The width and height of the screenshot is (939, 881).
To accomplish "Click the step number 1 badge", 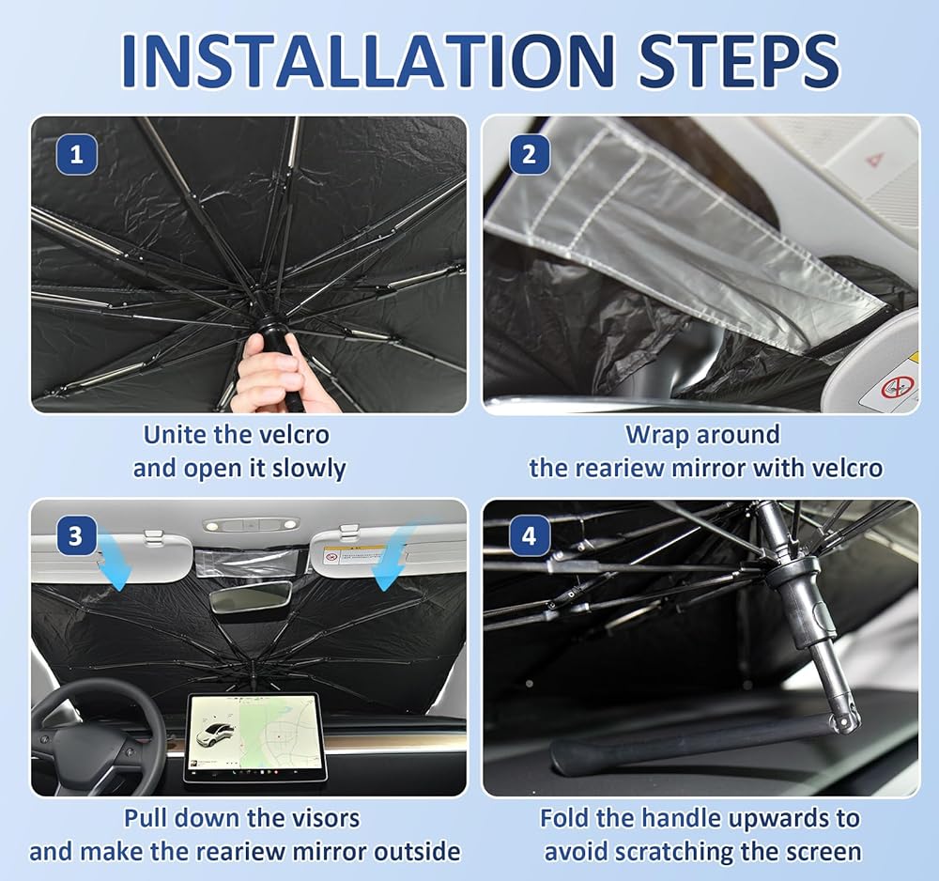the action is coord(77,155).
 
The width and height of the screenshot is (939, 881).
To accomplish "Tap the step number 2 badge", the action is coord(529,155).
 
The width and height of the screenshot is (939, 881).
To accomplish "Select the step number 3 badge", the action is coord(75,535).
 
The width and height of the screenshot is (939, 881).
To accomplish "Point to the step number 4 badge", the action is coord(529,535).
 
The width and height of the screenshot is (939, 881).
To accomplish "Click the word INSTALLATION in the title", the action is coord(368,61).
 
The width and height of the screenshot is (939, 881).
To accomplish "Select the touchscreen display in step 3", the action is coord(254,736).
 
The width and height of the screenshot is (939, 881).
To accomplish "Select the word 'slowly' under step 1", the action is coord(309,469).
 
